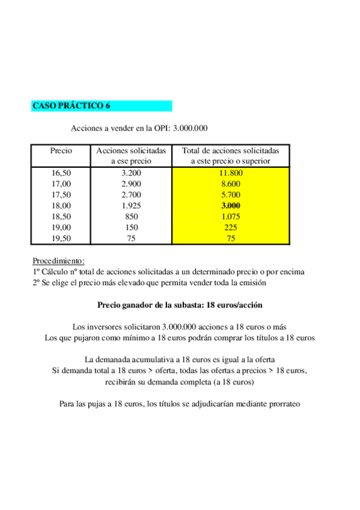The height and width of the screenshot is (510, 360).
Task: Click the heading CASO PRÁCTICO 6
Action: point(71,106)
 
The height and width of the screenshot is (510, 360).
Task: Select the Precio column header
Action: point(61,150)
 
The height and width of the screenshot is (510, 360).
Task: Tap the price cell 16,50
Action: point(61,173)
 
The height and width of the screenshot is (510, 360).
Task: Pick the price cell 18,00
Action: point(61,206)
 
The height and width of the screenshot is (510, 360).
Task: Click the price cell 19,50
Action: point(61,238)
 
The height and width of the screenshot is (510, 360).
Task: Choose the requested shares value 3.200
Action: point(131,173)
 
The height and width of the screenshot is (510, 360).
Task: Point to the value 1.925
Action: point(131,206)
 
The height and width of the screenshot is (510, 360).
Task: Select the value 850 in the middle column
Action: point(131,217)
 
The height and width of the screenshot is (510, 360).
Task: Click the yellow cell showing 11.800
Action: point(231,173)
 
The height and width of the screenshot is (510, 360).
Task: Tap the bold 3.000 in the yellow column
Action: point(231,206)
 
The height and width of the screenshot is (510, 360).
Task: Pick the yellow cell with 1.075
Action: point(231,217)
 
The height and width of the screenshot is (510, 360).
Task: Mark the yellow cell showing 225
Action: point(231,227)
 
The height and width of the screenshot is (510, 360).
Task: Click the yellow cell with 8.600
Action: point(231,184)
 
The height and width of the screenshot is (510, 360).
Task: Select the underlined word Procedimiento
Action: point(58,261)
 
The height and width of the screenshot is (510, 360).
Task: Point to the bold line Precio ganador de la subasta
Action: point(180,305)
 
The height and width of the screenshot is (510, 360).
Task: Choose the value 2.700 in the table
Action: point(131,195)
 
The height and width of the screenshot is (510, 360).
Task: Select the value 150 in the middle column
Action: point(131,227)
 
